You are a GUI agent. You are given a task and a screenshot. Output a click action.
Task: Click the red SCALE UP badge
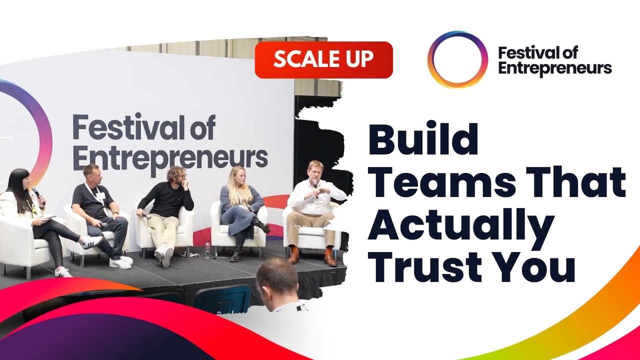tap(323, 60)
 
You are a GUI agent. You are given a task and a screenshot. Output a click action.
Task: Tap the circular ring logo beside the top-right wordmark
tap(457, 59)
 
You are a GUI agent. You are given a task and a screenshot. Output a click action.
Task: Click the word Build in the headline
tap(423, 140)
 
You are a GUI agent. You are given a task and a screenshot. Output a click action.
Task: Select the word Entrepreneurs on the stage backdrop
tap(170, 158)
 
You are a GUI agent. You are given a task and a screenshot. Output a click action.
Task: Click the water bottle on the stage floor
tap(207, 249)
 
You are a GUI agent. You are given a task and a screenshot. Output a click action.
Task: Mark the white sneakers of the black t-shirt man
tap(120, 261)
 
